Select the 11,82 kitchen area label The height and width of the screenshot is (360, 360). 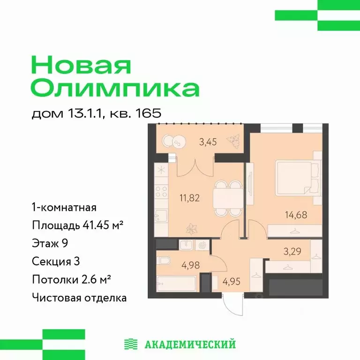[190, 197]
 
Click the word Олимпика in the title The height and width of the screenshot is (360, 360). [115, 88]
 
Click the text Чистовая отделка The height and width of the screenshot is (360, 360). [79, 298]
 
